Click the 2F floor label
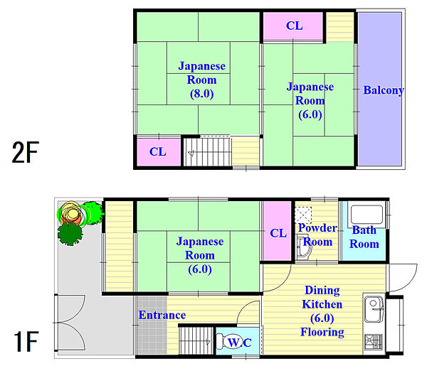[26, 152]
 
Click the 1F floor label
[26, 341]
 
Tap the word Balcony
[384, 90]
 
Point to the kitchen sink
[374, 308]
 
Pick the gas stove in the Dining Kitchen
[374, 342]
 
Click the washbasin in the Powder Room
[304, 248]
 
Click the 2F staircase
[208, 152]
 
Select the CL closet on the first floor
[278, 231]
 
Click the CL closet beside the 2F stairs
[159, 152]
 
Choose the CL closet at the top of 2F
[293, 26]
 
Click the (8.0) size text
[202, 94]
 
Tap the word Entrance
[162, 315]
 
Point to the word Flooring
[322, 333]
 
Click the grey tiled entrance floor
[152, 326]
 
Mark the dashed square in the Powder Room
[303, 215]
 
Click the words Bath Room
[364, 237]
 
